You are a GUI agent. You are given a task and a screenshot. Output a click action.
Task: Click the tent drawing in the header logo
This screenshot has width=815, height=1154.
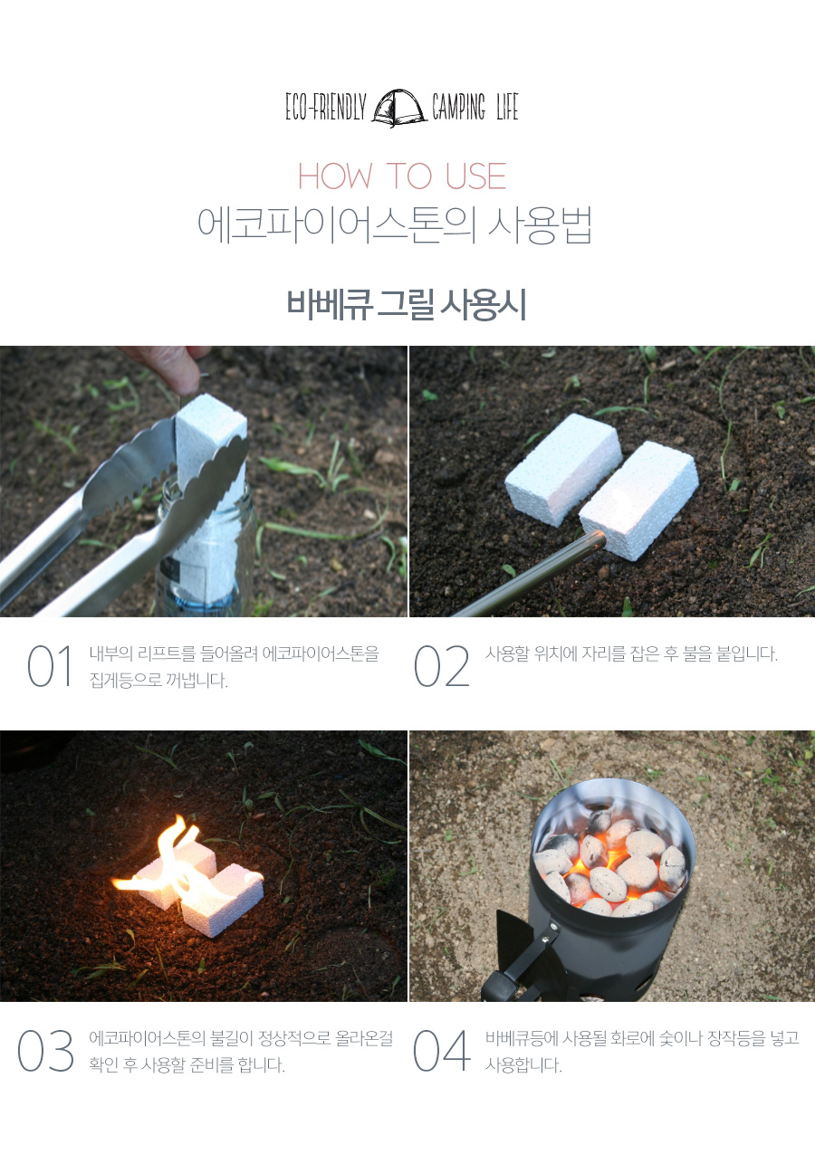pos(399,108)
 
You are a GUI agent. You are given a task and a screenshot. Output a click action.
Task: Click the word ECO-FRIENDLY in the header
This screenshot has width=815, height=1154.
pos(326,107)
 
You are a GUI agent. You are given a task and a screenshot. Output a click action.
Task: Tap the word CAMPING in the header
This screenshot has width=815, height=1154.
pos(459,107)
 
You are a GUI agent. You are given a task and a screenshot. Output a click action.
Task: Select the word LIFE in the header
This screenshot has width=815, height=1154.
pos(507,107)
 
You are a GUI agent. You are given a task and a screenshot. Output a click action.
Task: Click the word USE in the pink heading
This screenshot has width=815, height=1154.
pos(476,176)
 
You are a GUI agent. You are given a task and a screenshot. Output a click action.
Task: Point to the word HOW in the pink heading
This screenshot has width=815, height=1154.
pos(335,176)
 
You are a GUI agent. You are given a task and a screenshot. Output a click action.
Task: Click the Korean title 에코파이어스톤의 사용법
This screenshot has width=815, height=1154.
pos(395,225)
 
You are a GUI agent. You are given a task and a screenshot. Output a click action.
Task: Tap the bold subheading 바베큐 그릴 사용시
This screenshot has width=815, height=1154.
pos(407,304)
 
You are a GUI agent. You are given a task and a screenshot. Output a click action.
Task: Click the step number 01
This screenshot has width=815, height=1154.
pos(50,666)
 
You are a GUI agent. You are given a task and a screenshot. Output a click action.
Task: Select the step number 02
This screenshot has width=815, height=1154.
pos(442,666)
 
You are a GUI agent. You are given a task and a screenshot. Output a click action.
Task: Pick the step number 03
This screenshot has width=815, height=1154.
pos(45,1052)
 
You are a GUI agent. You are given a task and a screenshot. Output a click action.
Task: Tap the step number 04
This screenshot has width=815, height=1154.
pos(442,1052)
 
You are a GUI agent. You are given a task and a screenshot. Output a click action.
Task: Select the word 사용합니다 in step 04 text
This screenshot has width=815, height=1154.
pos(523,1065)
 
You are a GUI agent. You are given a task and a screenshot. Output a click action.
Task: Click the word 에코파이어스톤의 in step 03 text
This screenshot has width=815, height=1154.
pos(148,1038)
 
